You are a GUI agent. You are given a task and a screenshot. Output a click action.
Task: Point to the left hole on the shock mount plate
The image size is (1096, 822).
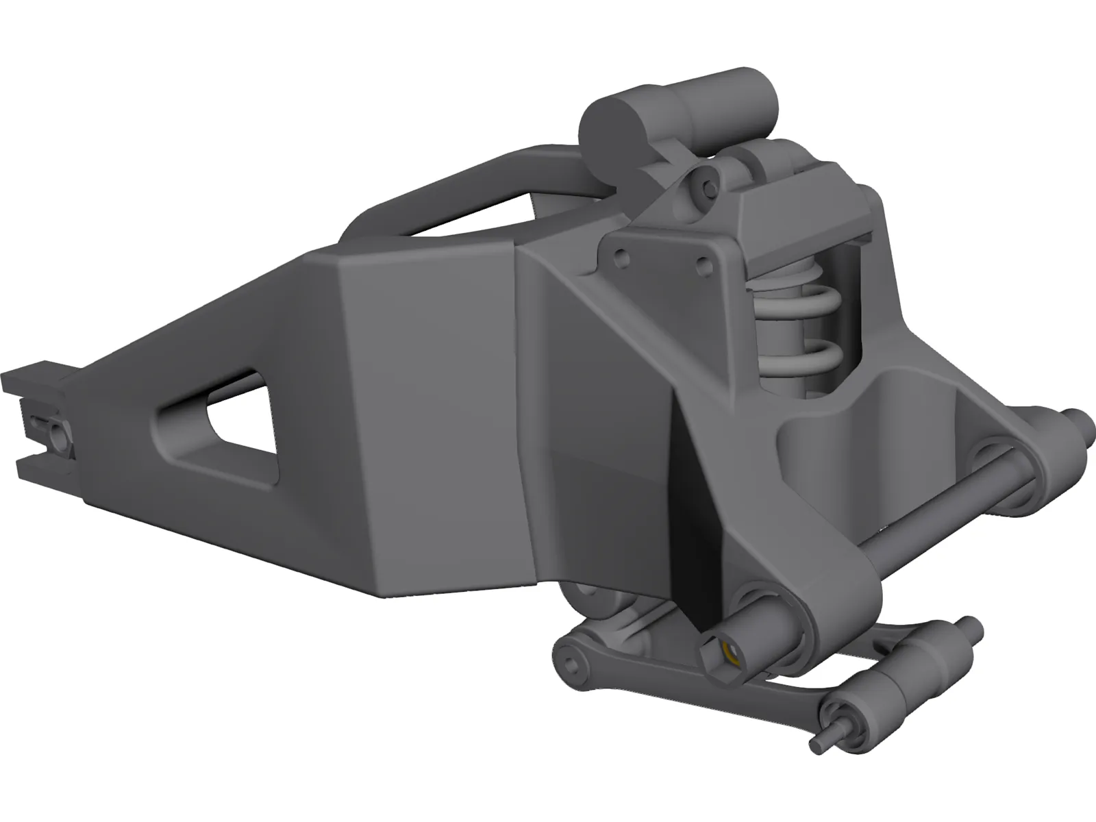pos(621,258)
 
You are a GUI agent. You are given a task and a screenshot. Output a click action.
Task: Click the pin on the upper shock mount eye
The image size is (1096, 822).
pos(706,180)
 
